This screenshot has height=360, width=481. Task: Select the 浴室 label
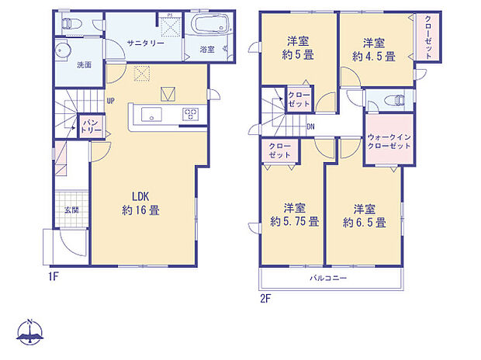207,49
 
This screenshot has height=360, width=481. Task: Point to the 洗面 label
84,64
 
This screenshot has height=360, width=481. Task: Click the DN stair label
310,126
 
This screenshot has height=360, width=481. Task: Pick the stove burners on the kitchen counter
191,115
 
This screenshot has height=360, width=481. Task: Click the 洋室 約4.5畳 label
373,48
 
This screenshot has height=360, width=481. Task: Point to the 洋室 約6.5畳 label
364,215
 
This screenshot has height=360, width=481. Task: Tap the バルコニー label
329,278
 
